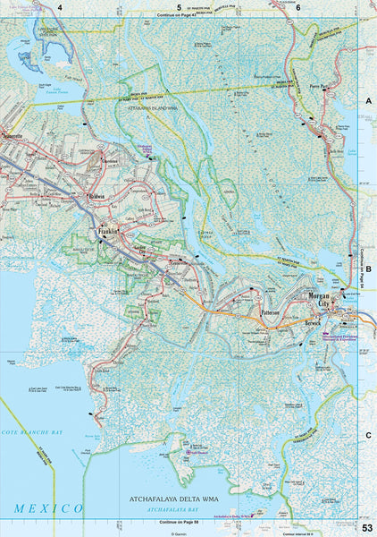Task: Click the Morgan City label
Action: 318,300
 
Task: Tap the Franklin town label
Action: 109,230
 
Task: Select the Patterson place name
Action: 271,313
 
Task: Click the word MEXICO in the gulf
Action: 48,508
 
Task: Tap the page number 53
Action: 367,527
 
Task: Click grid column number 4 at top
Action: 60,7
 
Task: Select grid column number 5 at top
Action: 179,7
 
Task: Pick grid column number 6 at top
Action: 297,7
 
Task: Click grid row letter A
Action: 367,103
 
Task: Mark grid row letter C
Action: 367,435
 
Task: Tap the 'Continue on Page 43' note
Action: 175,17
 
